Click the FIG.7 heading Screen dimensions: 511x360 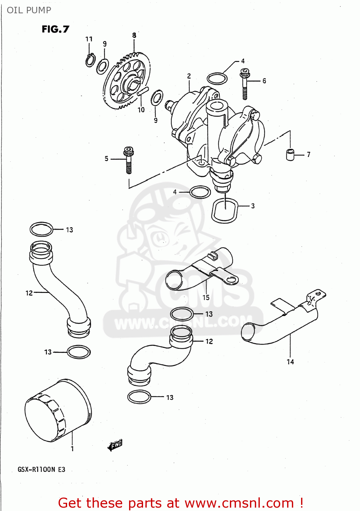click(55, 29)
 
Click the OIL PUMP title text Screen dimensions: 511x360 click(29, 10)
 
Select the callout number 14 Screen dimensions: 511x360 click(290, 362)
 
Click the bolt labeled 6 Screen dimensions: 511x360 click(245, 83)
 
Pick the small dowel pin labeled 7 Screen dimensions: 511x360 click(290, 154)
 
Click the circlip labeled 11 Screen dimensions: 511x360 click(90, 60)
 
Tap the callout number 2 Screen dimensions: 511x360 click(189, 76)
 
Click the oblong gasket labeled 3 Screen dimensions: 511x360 click(225, 211)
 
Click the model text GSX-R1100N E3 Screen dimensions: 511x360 click(41, 469)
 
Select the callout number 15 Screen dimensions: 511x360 click(206, 297)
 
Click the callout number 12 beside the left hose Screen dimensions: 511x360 click(29, 293)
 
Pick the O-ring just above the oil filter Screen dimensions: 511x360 click(79, 352)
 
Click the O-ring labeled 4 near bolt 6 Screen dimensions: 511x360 click(217, 79)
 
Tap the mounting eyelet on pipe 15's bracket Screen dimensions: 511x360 click(232, 280)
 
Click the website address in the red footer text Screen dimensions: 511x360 click(239, 503)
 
